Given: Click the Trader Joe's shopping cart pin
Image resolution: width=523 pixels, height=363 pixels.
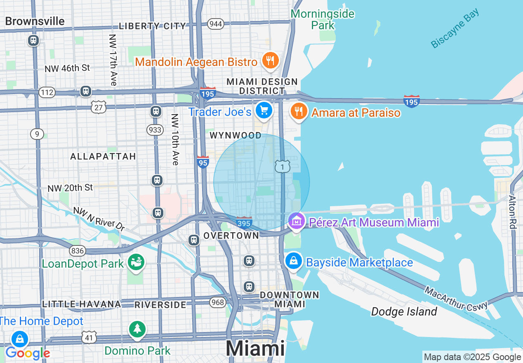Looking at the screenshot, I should pyautogui.click(x=264, y=111).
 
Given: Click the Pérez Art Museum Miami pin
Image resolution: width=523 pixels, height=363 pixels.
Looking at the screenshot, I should pyautogui.click(x=297, y=222).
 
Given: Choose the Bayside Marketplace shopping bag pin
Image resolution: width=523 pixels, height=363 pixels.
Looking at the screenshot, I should pyautogui.click(x=293, y=261).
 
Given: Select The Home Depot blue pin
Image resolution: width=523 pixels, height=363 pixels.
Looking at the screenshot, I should pyautogui.click(x=19, y=340).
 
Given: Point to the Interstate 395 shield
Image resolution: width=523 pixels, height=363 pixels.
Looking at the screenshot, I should pyautogui.click(x=244, y=222).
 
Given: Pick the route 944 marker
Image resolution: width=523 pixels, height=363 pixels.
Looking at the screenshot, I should pyautogui.click(x=216, y=24).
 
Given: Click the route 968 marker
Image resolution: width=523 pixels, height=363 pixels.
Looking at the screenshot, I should pyautogui.click(x=217, y=302).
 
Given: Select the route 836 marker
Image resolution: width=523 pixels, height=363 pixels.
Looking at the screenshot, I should pyautogui.click(x=77, y=250).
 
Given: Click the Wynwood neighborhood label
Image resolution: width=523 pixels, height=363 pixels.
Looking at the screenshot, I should pyautogui.click(x=236, y=135).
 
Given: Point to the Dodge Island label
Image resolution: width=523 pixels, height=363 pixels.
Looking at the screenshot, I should pyautogui.click(x=404, y=311).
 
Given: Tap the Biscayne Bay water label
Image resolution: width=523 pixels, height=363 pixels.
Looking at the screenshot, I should pyautogui.click(x=455, y=28).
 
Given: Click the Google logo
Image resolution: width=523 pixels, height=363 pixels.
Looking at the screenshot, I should pyautogui.click(x=28, y=354).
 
